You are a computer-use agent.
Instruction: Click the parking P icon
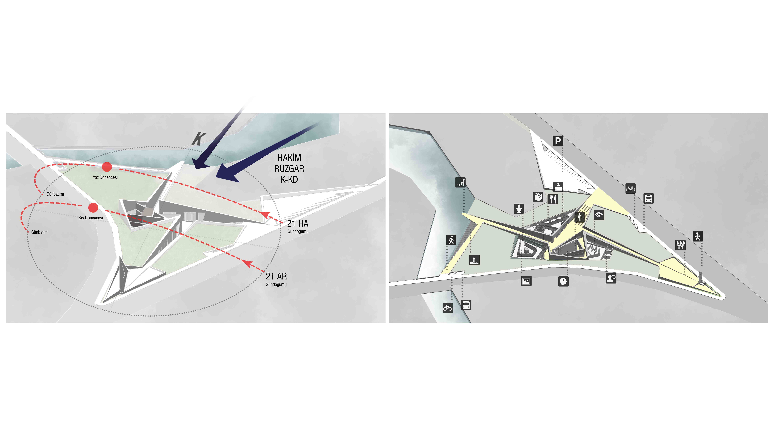pyautogui.click(x=558, y=141)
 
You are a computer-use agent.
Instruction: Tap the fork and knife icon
pyautogui.click(x=553, y=199)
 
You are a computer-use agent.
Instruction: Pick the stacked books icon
pyautogui.click(x=538, y=197)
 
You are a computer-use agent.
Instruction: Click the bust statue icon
pyautogui.click(x=519, y=208)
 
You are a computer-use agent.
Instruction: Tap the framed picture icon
pyautogui.click(x=526, y=281)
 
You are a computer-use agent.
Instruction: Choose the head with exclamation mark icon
pyautogui.click(x=563, y=281)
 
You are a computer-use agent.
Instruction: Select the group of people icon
pyautogui.click(x=680, y=245)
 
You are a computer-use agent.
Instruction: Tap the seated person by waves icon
pyautogui.click(x=460, y=182)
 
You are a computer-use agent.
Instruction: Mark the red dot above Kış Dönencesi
pyautogui.click(x=93, y=207)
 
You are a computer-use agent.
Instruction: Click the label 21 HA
pyautogui.click(x=298, y=224)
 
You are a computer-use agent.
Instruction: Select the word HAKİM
pyautogui.click(x=289, y=158)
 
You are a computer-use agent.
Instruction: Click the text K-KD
pyautogui.click(x=289, y=180)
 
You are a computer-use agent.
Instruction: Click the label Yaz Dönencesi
pyautogui.click(x=105, y=177)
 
